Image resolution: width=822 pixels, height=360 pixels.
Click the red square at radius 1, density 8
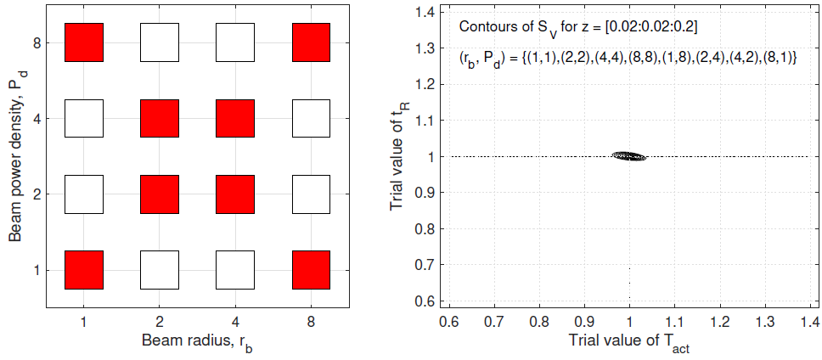pos(83,42)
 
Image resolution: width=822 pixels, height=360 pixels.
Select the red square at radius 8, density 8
pos(310,42)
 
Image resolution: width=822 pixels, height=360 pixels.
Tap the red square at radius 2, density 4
pos(159,118)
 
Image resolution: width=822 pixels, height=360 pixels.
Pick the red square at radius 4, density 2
pos(234,194)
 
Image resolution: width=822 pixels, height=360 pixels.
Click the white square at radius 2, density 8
pos(159,42)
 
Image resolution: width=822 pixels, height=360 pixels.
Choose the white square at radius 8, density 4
pos(310,118)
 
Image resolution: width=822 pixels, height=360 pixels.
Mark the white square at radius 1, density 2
pos(83,194)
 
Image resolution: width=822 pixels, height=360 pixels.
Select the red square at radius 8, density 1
pos(310,270)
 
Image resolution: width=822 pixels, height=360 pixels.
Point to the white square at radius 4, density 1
pos(234,270)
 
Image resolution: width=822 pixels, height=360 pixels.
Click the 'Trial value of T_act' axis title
pos(628,343)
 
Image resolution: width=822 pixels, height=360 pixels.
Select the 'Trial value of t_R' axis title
pos(397,157)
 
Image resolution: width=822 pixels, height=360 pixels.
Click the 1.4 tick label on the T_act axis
pos(809,323)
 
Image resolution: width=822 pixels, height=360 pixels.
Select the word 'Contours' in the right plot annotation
pos(481,26)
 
